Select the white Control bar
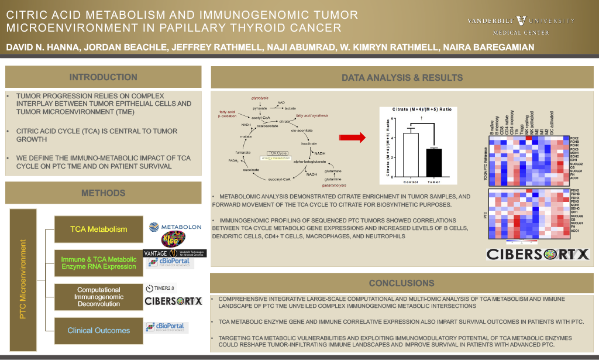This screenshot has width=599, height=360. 411,155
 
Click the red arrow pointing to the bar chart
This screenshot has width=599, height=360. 353,138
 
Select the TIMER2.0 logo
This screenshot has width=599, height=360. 160,287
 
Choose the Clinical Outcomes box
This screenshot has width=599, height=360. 99,330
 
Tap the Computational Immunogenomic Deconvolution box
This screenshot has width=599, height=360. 99,297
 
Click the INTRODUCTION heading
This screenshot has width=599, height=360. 104,77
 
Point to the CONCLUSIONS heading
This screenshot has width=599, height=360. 401,283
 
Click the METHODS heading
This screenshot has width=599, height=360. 104,193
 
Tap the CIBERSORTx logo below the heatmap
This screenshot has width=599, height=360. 539,254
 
